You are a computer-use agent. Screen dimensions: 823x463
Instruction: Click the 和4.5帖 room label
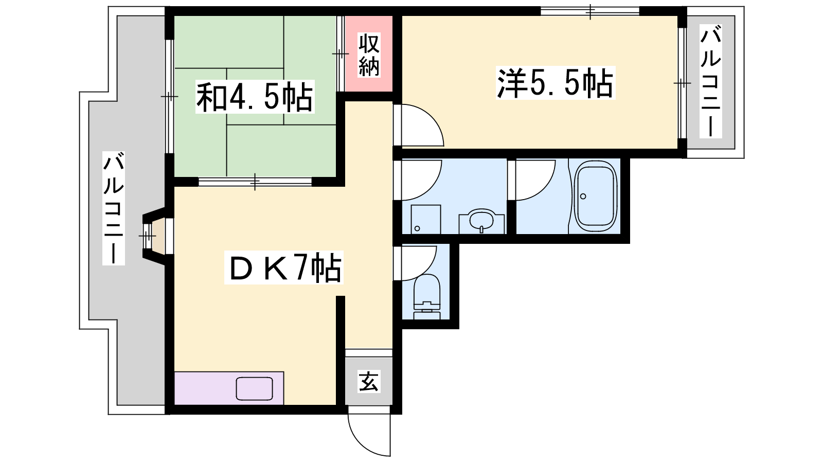(x=255, y=97)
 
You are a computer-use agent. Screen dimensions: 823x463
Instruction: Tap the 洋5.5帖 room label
(x=555, y=83)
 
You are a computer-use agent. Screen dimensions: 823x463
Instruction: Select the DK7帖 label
(x=283, y=268)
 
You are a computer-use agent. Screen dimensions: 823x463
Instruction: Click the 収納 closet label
(x=369, y=55)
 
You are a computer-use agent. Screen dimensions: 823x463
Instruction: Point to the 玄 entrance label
(x=369, y=381)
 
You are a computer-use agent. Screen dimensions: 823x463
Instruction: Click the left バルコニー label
(x=114, y=208)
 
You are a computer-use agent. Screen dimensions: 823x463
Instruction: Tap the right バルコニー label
(x=710, y=81)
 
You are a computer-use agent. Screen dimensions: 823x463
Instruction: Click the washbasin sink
(x=481, y=221)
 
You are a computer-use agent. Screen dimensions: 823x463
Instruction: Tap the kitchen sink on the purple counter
(x=254, y=388)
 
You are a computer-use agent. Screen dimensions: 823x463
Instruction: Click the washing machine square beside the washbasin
(x=425, y=219)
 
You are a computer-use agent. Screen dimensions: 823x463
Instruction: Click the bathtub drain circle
(x=583, y=196)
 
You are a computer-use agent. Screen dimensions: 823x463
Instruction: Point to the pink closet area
(x=369, y=54)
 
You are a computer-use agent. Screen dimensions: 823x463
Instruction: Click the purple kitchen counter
(x=229, y=388)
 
